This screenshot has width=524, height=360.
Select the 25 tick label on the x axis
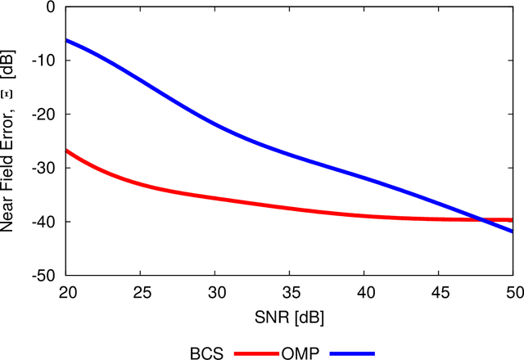[140, 292]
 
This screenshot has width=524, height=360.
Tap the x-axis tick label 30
[215, 292]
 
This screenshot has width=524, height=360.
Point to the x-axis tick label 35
[290, 292]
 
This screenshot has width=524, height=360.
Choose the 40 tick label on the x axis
[364, 292]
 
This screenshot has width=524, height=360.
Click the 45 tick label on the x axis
[439, 292]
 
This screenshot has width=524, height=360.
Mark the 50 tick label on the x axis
[512, 292]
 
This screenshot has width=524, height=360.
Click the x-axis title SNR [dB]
[289, 315]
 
